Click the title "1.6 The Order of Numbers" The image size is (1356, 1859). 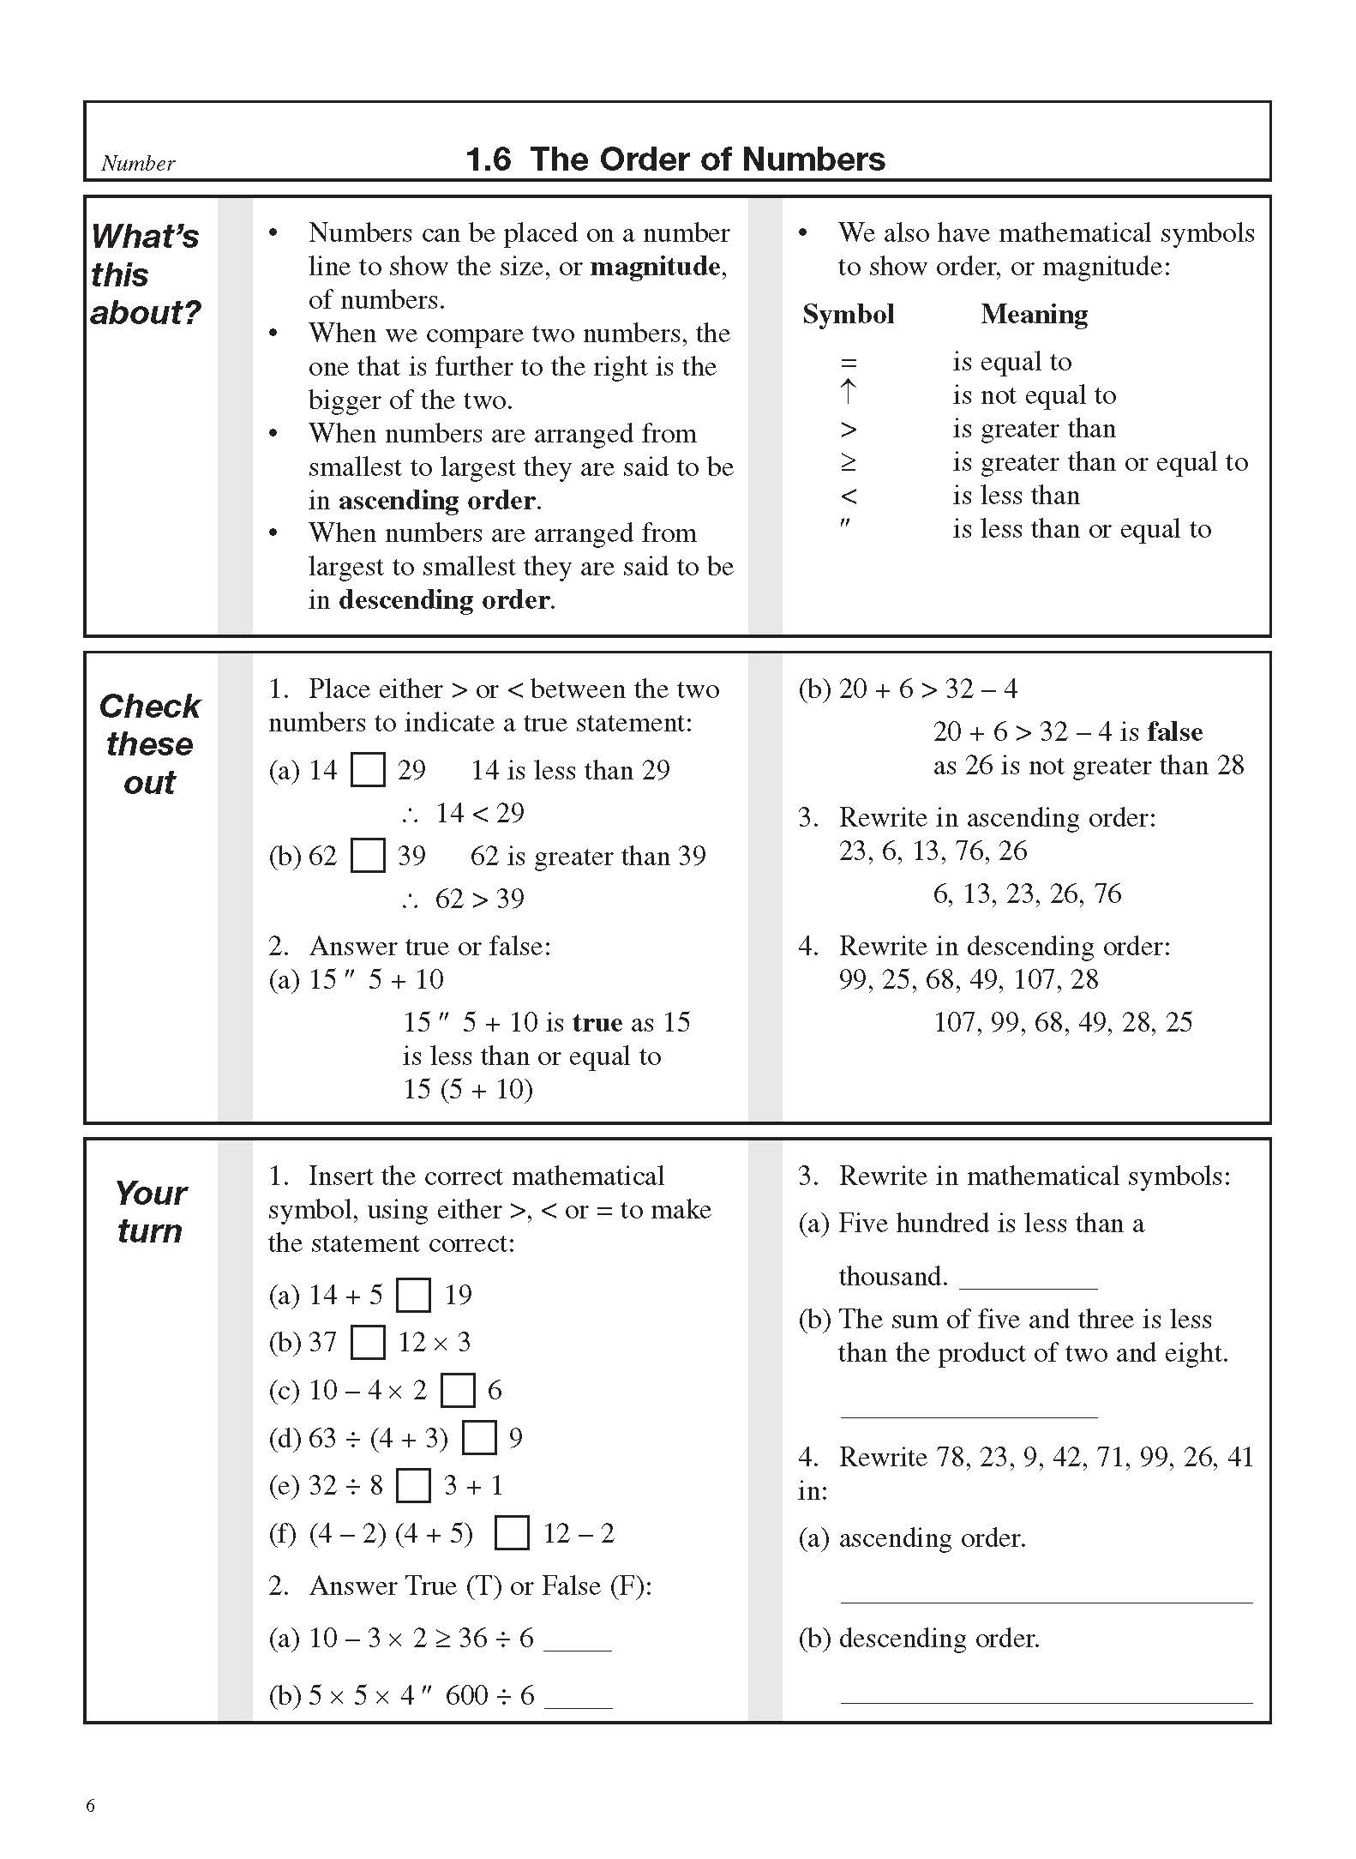pos(675,159)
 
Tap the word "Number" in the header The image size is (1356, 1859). pos(138,164)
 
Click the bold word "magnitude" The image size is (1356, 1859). pos(655,267)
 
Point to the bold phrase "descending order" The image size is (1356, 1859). pos(444,600)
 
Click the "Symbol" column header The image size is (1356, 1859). pos(848,315)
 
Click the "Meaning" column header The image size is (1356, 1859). pos(1034,315)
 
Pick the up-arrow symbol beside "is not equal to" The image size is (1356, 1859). pos(848,393)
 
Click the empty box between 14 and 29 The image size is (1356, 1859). pos(369,770)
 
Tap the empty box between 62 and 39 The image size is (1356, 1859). pos(369,856)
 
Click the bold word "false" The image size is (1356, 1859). pos(1174,731)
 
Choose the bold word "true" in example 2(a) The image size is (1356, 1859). pos(597,1022)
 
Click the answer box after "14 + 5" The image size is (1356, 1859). pos(414,1295)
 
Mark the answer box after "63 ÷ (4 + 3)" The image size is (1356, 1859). pos(479,1438)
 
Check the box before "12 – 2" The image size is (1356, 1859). pos(512,1533)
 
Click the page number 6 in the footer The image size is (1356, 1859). pos(91,1806)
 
